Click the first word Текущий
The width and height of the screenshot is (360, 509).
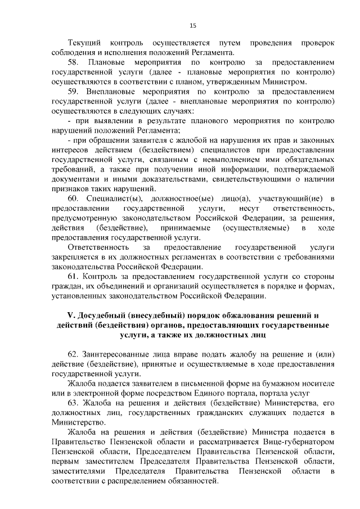(83, 43)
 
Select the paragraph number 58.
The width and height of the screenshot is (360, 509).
(74, 61)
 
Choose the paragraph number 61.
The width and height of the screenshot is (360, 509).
(74, 276)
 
